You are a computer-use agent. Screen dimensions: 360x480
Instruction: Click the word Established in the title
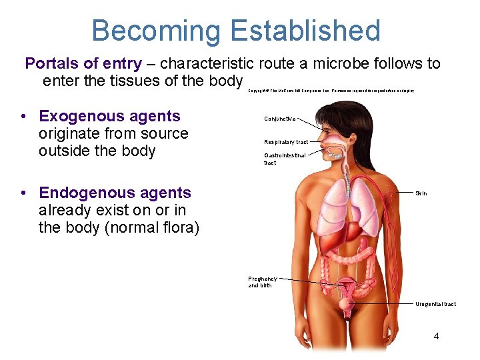point(305,31)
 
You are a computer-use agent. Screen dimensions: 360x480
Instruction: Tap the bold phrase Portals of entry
point(83,64)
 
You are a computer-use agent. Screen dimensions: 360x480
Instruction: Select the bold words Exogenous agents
point(109,116)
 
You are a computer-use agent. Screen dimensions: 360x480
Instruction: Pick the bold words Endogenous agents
point(115,193)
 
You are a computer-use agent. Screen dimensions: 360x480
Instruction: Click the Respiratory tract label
point(285,142)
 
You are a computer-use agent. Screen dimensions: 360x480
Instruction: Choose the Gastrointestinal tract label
point(284,159)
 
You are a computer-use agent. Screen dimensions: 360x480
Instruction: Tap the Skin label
point(421,193)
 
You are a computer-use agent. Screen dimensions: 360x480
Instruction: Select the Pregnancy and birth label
point(262,282)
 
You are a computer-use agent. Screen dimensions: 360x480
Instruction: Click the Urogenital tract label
point(435,304)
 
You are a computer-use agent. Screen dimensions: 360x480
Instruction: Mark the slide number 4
point(436,336)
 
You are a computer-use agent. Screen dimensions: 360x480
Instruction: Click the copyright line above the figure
point(331,91)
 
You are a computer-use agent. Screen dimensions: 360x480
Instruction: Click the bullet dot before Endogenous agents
point(23,193)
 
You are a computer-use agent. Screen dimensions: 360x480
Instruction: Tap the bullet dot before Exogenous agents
point(23,117)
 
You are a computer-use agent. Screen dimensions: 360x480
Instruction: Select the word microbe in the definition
point(351,64)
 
